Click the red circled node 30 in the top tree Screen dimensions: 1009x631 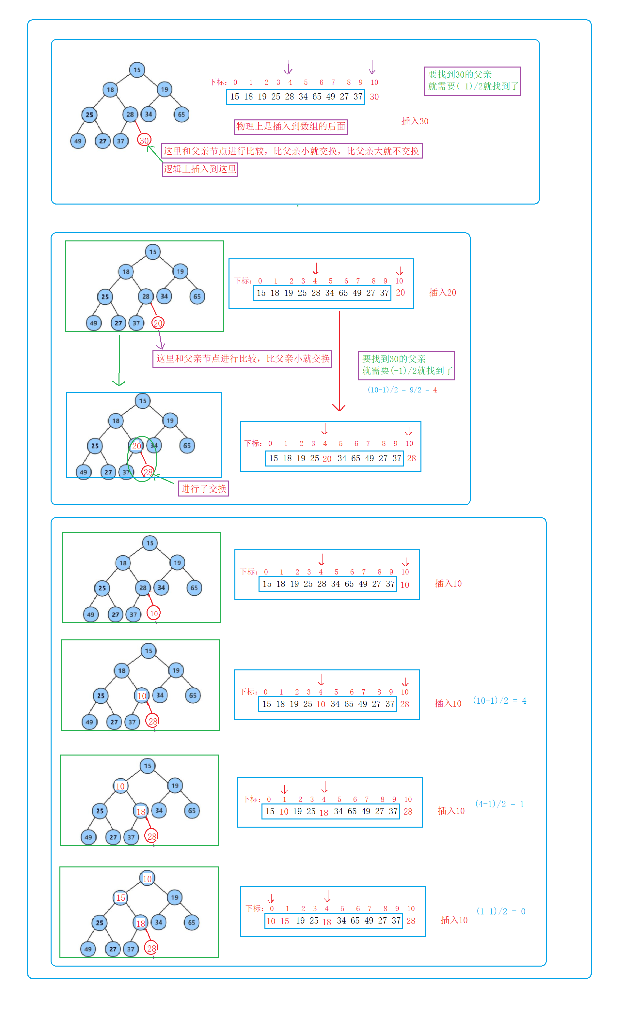(144, 141)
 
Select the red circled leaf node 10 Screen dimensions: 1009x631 (154, 613)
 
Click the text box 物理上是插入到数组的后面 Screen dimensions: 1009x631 (291, 126)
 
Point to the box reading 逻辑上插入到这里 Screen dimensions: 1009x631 (199, 169)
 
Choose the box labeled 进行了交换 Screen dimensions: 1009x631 (204, 488)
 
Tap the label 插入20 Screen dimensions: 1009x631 (442, 292)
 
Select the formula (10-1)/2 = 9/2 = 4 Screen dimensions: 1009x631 (402, 390)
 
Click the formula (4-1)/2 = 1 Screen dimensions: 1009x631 (499, 804)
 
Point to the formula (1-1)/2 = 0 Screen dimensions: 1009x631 (500, 911)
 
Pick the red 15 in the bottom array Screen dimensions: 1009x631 (285, 921)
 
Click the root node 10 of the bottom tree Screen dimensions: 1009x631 (147, 879)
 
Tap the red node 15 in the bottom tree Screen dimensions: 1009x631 (120, 897)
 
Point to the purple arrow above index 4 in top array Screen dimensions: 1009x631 (288, 67)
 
